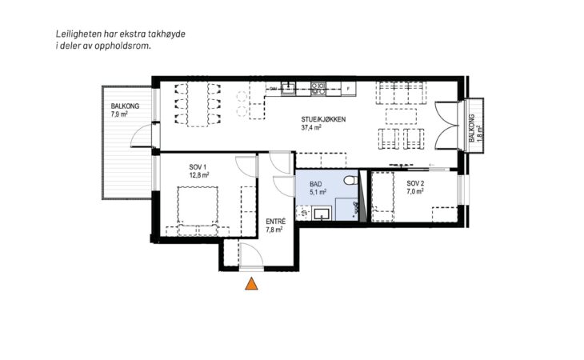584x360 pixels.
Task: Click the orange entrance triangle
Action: pos(252,284)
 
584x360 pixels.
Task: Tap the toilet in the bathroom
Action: pos(350,180)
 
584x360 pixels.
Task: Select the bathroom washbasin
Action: pos(322,214)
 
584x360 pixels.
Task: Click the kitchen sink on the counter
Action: pos(288,88)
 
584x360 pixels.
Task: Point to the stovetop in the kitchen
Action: pos(318,88)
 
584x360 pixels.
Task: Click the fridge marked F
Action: pos(349,89)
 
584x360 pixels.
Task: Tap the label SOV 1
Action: pos(198,166)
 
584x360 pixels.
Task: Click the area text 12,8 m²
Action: pos(199,174)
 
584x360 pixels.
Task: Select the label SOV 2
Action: pos(415,183)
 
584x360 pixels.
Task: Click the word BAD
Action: pos(316,184)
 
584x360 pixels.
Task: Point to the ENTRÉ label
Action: pos(276,222)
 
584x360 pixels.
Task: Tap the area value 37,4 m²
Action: pos(311,127)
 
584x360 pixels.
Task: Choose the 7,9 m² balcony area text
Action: pos(119,114)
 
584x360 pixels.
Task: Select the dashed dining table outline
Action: pos(198,104)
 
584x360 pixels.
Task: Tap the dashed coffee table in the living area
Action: pos(401,116)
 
